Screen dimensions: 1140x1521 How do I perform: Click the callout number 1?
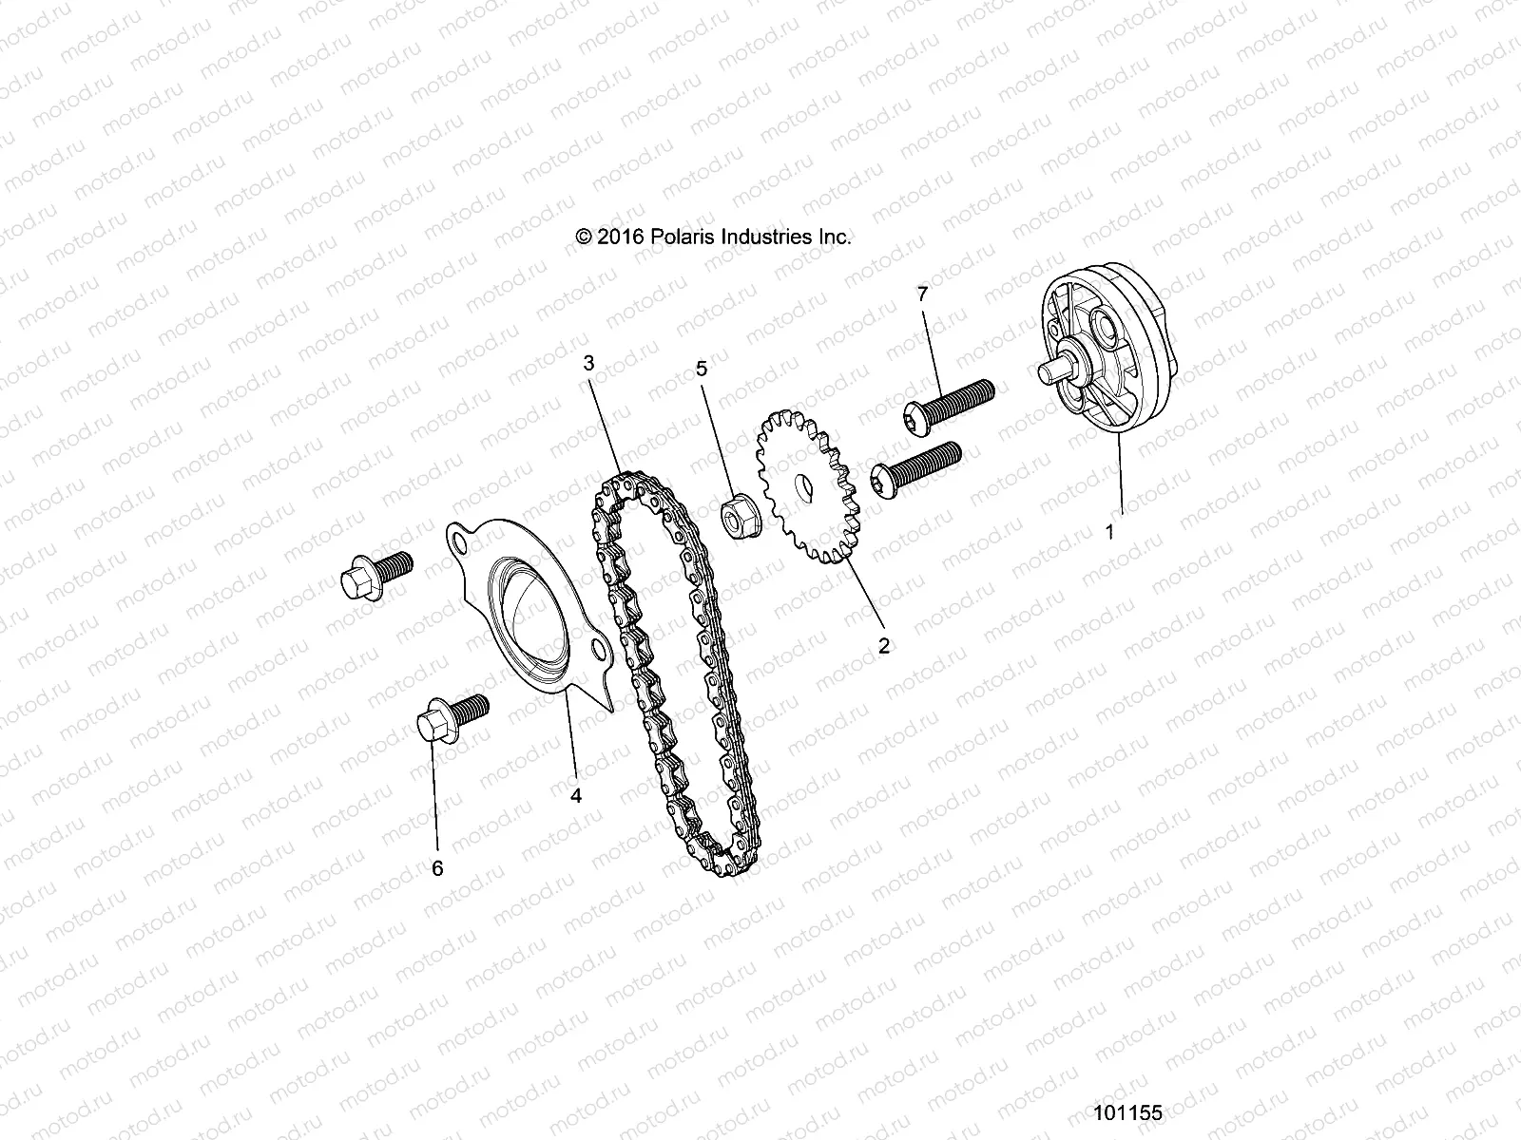[x=1108, y=532]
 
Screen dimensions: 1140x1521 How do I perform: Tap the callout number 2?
[x=884, y=646]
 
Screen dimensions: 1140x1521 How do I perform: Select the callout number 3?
[x=588, y=362]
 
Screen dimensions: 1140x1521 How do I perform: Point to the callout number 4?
[x=575, y=796]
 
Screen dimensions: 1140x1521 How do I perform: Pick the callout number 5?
[x=703, y=369]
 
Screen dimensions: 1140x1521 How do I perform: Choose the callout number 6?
[x=437, y=868]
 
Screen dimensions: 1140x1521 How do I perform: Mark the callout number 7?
[x=920, y=294]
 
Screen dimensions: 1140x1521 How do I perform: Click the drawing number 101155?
[x=1127, y=1112]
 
